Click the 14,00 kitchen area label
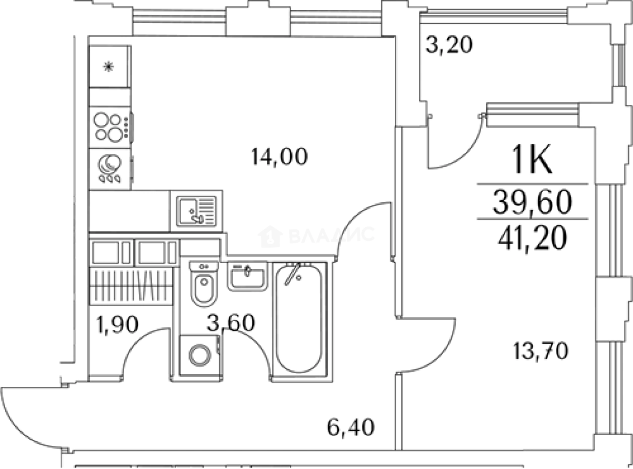tap(280, 156)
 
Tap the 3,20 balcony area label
tap(449, 45)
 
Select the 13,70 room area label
tap(541, 351)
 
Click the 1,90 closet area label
tap(118, 325)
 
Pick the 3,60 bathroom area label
tap(231, 323)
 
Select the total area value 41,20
tap(533, 237)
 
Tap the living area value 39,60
tap(533, 202)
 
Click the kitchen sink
tap(196, 211)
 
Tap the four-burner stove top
tap(111, 128)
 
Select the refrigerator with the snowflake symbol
tap(110, 67)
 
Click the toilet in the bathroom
tap(203, 284)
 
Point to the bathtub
tap(299, 318)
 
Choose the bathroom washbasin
tap(247, 276)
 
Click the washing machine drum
tap(200, 355)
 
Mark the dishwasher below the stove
tap(111, 169)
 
